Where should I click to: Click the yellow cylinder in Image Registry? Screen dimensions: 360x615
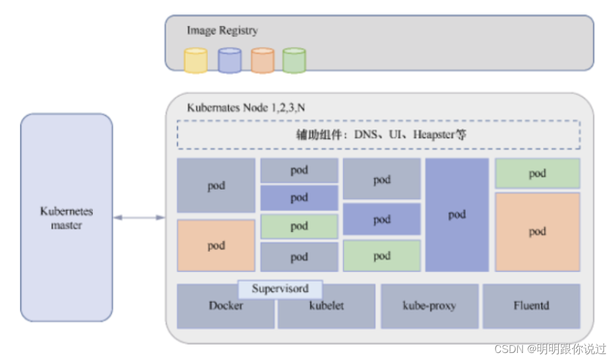pyautogui.click(x=196, y=61)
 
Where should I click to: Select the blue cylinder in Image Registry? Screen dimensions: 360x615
pyautogui.click(x=230, y=61)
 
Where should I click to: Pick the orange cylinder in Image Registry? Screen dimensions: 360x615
pyautogui.click(x=262, y=61)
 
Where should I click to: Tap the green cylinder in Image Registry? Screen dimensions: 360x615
pyautogui.click(x=294, y=61)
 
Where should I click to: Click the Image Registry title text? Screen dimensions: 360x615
pyautogui.click(x=222, y=30)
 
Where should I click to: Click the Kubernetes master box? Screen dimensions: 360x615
pyautogui.click(x=66, y=218)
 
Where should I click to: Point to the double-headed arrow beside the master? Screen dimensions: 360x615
pyautogui.click(x=139, y=218)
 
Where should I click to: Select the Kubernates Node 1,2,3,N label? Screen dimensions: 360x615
pyautogui.click(x=245, y=108)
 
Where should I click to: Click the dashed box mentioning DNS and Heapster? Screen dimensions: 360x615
pyautogui.click(x=378, y=135)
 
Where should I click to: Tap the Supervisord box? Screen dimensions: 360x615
pyautogui.click(x=280, y=289)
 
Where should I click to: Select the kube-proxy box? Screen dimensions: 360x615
pyautogui.click(x=429, y=306)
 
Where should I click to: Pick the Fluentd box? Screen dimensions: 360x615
pyautogui.click(x=531, y=306)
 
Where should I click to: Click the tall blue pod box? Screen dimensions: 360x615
pyautogui.click(x=457, y=215)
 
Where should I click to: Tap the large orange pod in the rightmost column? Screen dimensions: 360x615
pyautogui.click(x=537, y=232)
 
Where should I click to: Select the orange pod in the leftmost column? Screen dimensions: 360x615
pyautogui.click(x=216, y=246)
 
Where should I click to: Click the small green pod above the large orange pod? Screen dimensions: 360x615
pyautogui.click(x=537, y=173)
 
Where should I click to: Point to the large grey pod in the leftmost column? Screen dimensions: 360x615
pyautogui.click(x=216, y=186)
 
